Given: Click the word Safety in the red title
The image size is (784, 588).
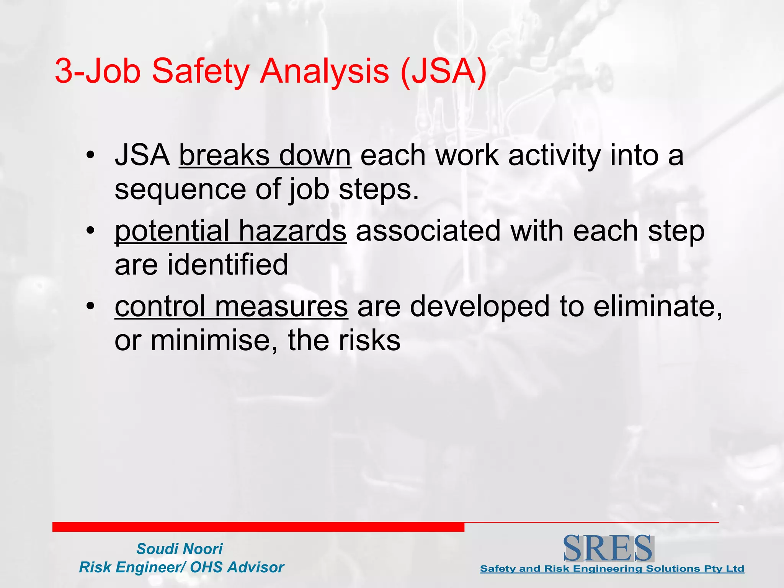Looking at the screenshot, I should click(200, 71).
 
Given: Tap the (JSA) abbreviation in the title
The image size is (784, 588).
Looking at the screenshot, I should click(443, 71).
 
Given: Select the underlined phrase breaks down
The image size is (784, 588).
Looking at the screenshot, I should click(265, 156).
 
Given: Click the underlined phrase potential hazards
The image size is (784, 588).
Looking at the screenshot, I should click(230, 231).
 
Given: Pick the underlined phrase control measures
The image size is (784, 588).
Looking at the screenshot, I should click(231, 307).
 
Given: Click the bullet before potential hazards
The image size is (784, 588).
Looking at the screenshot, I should click(90, 231).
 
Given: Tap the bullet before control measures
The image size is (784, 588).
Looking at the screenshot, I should click(90, 307).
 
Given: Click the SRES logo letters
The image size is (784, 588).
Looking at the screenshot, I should click(608, 548).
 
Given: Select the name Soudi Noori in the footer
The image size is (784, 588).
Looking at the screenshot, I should click(179, 549).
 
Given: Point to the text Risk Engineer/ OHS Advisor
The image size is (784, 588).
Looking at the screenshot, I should click(181, 567).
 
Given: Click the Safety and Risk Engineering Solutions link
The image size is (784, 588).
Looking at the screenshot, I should click(612, 568).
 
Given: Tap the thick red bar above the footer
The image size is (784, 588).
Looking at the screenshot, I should click(258, 527).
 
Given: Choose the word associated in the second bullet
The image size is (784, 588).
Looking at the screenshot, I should click(428, 231).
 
